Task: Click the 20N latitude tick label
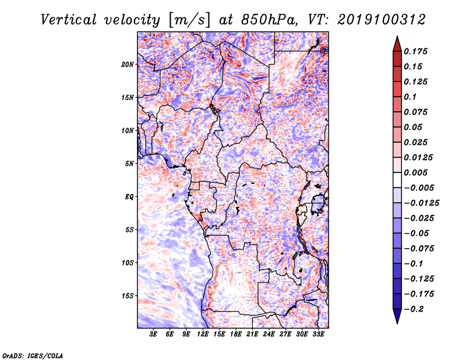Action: point(128,64)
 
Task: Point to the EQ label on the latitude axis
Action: point(129,197)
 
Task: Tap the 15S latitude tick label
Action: point(128,296)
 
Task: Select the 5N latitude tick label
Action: point(129,164)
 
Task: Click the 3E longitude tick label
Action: point(153,334)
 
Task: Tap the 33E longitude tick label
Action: point(319,334)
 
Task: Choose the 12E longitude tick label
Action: point(203,334)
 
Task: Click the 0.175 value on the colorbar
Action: point(416,51)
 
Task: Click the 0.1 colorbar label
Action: point(411,97)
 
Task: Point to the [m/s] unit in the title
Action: point(189,19)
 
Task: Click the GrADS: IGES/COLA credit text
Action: point(33,354)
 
